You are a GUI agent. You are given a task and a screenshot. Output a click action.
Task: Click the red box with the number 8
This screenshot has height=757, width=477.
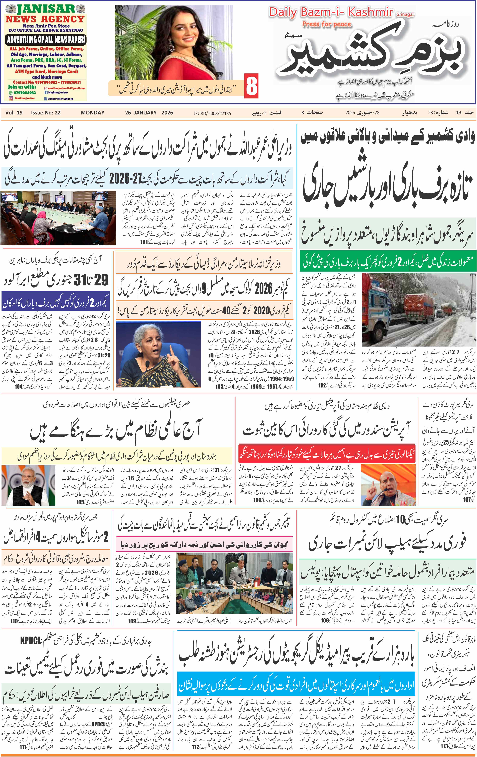pyautogui.click(x=252, y=86)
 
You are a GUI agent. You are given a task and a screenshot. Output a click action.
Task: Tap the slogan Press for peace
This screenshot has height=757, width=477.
pyautogui.click(x=326, y=24)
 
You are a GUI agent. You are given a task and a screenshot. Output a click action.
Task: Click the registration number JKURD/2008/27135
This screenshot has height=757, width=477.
pyautogui.click(x=212, y=113)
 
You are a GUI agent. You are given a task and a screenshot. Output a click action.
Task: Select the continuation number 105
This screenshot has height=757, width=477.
pyautogui.click(x=80, y=502)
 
